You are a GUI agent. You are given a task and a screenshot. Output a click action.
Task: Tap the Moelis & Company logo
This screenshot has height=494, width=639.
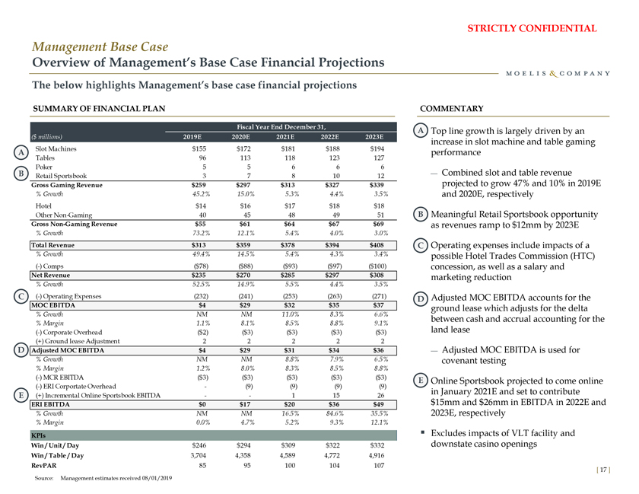557,73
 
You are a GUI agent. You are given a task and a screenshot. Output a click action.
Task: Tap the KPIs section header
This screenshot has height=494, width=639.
39,435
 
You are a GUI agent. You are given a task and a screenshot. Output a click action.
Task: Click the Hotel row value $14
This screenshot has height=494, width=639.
202,206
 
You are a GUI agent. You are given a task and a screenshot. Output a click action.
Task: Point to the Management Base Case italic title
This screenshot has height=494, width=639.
99,46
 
